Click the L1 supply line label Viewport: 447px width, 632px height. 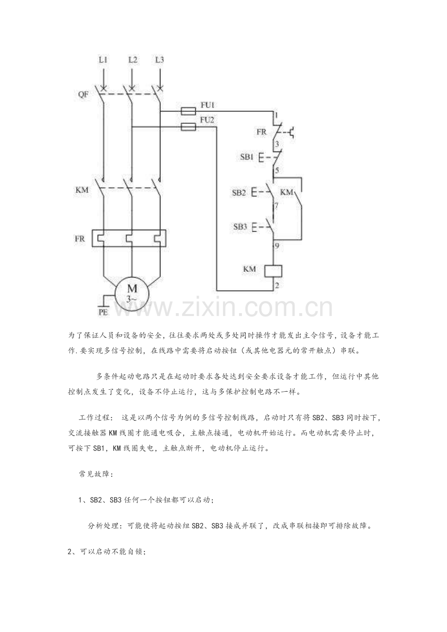[103, 60]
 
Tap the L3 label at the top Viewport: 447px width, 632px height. [159, 60]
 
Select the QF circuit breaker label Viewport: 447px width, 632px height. [83, 94]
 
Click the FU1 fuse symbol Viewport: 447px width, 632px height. [188, 111]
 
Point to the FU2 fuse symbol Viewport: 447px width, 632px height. [189, 127]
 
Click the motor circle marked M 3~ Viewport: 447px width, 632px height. [132, 294]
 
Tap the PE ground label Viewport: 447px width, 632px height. [103, 312]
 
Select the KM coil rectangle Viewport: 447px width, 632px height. [274, 271]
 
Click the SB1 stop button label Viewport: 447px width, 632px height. [247, 157]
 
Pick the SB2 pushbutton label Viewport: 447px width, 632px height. [239, 193]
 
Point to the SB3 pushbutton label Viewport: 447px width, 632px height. [240, 227]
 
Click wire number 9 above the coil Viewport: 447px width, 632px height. [277, 246]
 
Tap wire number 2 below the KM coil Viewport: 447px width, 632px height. [277, 285]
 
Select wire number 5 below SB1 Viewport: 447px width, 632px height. [277, 170]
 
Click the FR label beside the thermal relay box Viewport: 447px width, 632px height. [80, 239]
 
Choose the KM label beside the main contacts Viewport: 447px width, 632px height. [82, 190]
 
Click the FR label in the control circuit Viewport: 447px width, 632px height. [261, 132]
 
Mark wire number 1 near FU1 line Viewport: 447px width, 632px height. [276, 115]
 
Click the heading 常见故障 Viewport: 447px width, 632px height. [96, 474]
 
